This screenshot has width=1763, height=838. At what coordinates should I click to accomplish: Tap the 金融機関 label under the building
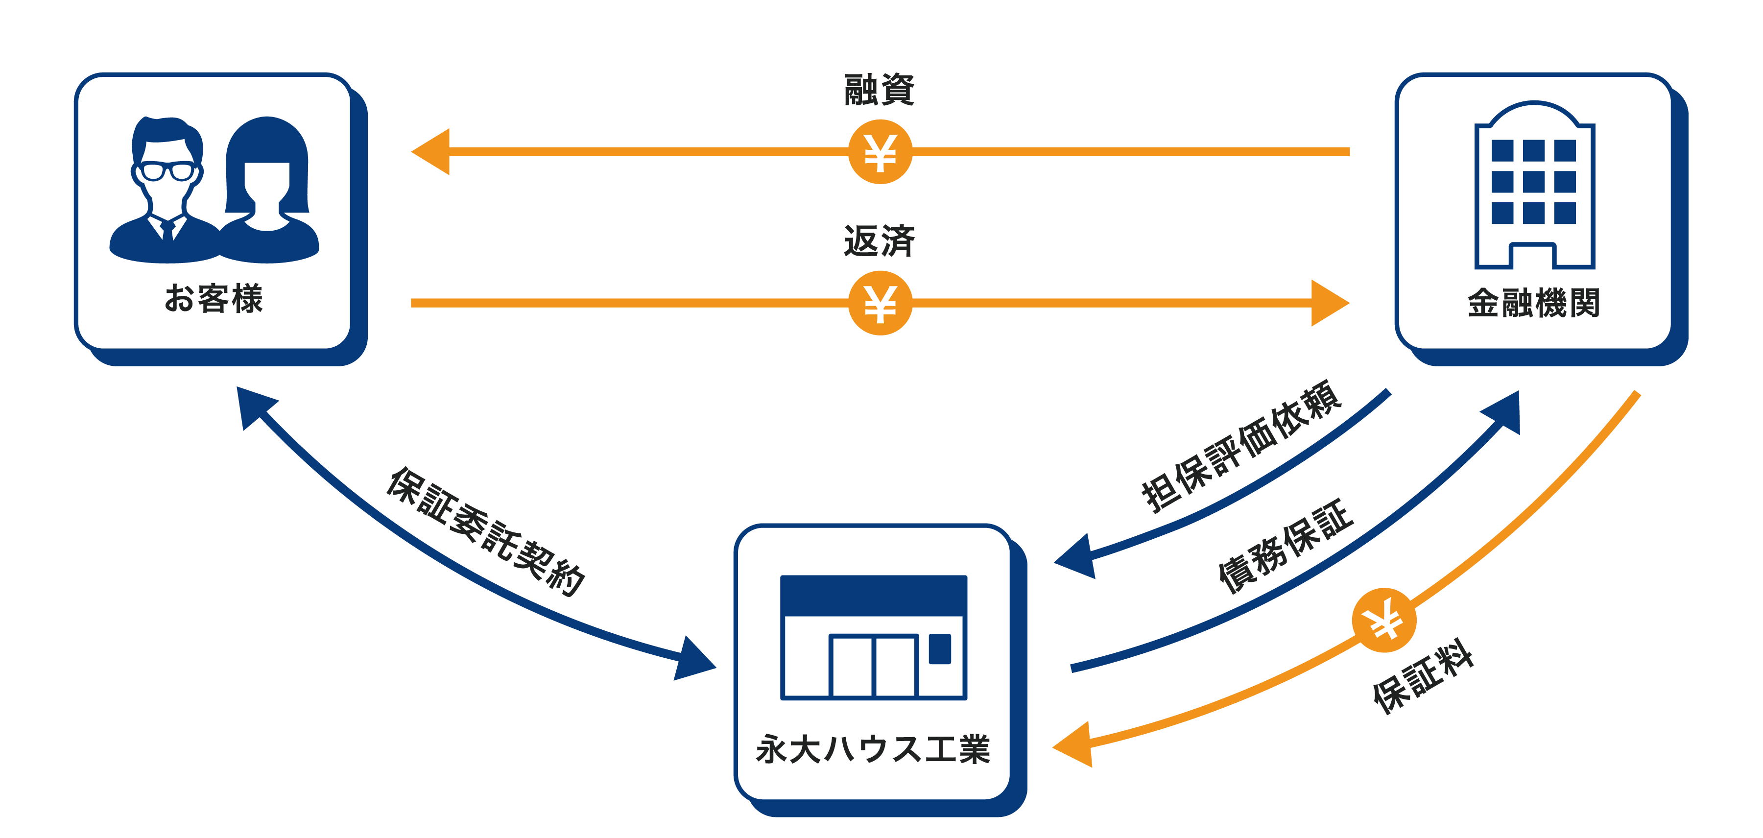click(1533, 303)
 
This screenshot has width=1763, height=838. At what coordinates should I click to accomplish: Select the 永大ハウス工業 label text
click(873, 748)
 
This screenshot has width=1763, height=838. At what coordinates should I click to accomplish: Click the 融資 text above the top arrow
click(880, 91)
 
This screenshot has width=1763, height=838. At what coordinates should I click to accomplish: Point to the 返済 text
click(880, 241)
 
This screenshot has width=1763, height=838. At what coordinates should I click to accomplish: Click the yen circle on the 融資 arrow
click(880, 152)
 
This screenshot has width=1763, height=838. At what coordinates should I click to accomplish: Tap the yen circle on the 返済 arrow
click(880, 303)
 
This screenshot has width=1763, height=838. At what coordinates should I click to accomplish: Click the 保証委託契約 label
click(486, 530)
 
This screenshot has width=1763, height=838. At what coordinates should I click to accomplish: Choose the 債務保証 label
click(1286, 546)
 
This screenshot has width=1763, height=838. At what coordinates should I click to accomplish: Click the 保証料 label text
click(1424, 676)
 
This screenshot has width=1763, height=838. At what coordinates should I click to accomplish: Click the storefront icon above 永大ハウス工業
click(873, 637)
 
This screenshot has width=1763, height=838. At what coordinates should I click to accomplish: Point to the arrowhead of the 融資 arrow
click(431, 151)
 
